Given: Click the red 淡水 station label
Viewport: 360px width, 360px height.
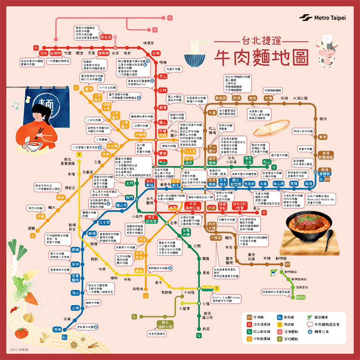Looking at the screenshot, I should [x=44, y=53].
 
